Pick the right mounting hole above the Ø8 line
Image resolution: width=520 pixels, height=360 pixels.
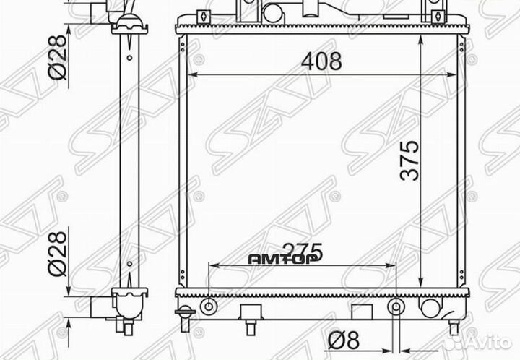[396, 307]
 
